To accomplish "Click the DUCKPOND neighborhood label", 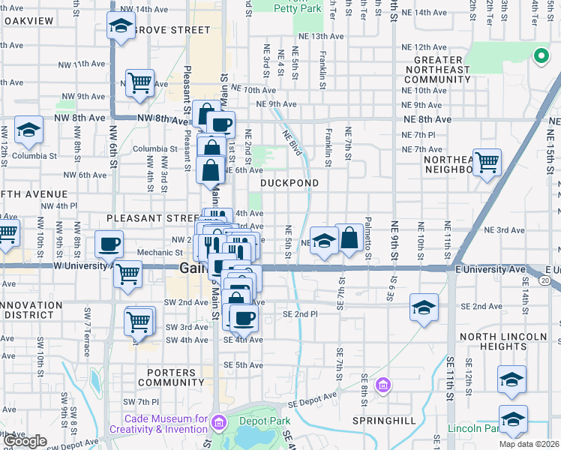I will tap(289, 183).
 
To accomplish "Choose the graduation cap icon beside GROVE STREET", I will tap(120, 26).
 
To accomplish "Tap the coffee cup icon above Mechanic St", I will tap(109, 244).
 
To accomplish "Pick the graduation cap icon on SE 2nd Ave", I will tap(424, 307).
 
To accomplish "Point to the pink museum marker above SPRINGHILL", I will tap(383, 385).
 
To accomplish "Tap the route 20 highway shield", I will tap(545, 280).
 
